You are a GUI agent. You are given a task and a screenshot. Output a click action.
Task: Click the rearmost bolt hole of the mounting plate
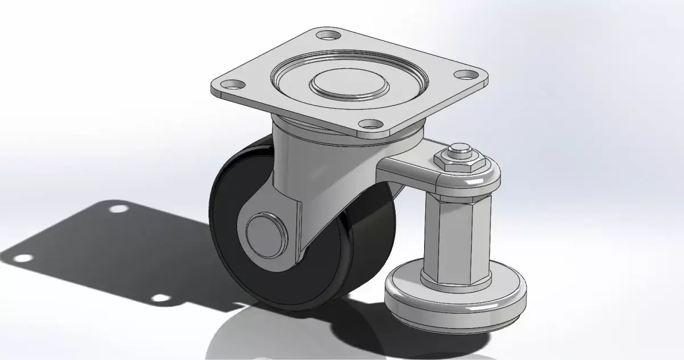tap(327, 35)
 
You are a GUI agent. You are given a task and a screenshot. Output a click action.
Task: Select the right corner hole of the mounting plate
tap(466, 74)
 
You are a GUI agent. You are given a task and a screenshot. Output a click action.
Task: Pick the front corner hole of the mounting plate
tap(371, 123)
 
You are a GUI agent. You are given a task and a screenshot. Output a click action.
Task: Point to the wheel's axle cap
tap(263, 233)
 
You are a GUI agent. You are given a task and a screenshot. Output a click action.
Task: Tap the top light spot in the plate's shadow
tap(119, 208)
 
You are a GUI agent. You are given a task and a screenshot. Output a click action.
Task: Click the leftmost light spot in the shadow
tap(23, 258)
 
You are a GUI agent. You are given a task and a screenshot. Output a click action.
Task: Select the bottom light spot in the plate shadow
tap(161, 298)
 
